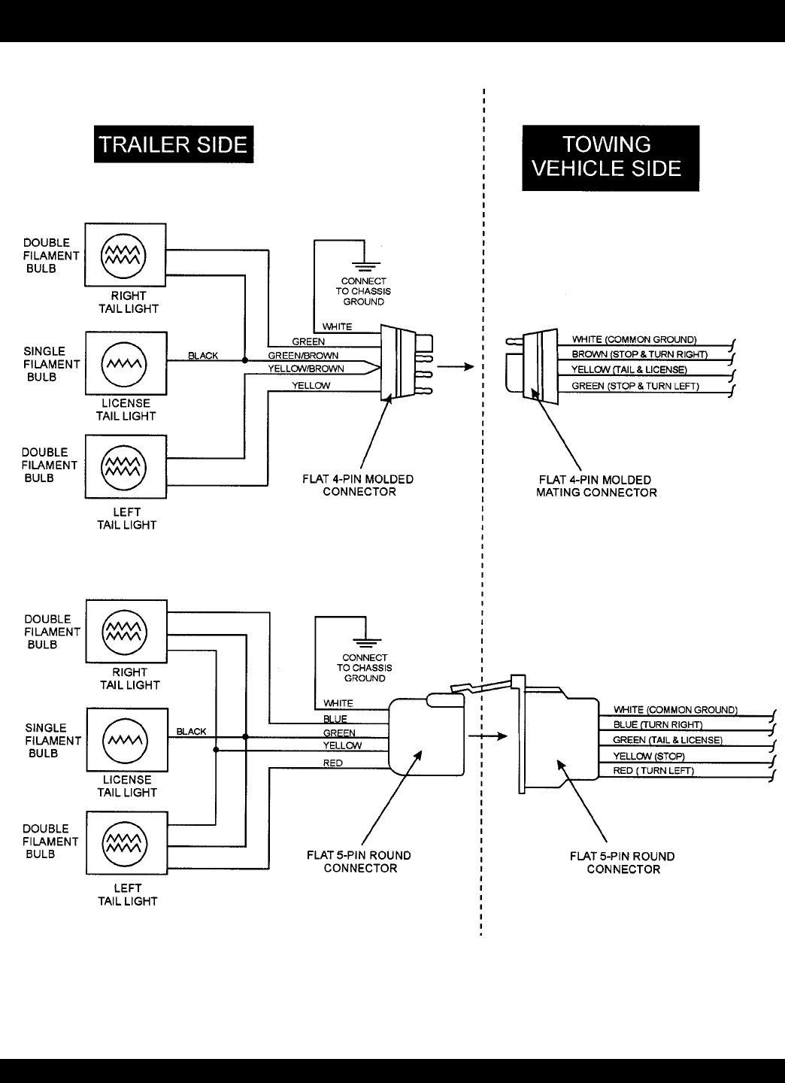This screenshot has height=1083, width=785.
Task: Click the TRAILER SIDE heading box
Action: click(174, 144)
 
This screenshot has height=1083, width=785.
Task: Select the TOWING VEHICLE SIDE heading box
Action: click(611, 157)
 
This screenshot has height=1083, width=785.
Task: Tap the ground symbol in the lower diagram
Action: click(365, 641)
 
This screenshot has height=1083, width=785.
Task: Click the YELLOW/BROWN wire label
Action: click(306, 369)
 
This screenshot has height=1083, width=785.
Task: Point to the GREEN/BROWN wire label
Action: click(303, 356)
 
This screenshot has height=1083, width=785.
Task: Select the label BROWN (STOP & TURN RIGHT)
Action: click(640, 354)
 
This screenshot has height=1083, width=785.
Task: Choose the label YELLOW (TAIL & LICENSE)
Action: click(629, 370)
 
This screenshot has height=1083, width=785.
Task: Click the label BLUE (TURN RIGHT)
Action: click(658, 725)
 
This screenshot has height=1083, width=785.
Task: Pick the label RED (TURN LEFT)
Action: click(653, 771)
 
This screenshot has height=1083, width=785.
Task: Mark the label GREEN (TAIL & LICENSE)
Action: click(668, 740)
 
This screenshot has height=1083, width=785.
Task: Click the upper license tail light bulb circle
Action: click(124, 365)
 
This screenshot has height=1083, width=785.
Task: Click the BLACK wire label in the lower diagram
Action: click(191, 732)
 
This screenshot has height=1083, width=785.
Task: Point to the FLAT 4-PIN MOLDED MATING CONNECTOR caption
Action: click(596, 486)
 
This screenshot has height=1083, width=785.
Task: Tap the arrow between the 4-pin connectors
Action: click(456, 367)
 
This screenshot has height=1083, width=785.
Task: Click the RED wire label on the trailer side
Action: click(332, 763)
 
